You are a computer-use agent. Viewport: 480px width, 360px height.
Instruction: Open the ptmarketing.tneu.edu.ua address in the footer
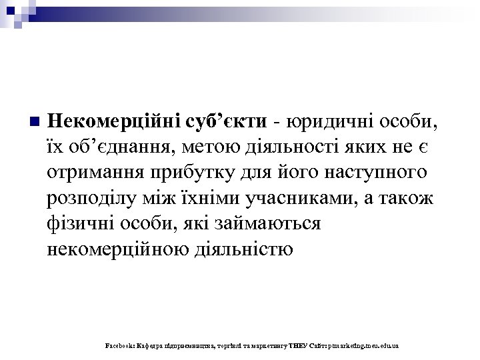click(363, 347)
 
